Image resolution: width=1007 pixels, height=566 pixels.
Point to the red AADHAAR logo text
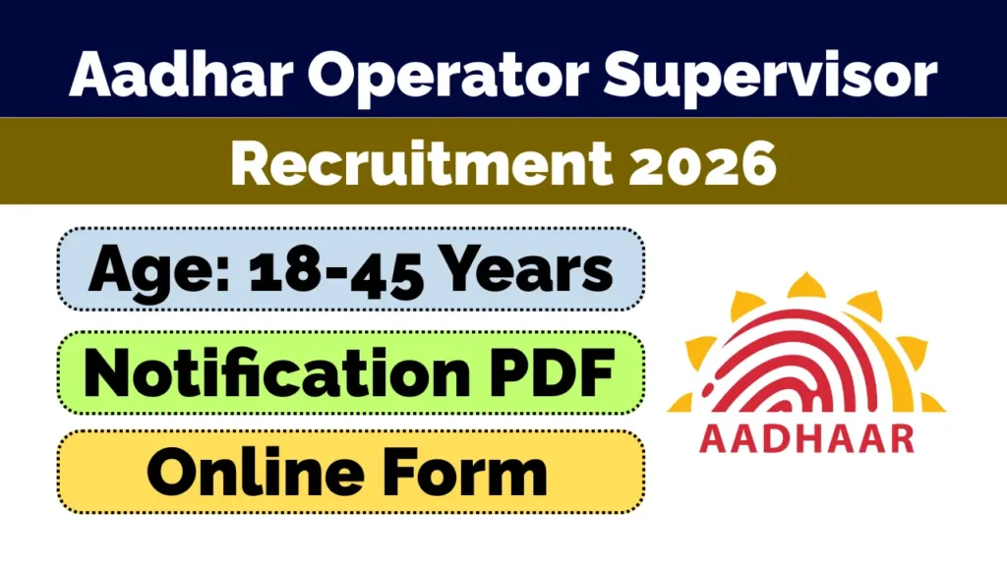coord(805,437)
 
